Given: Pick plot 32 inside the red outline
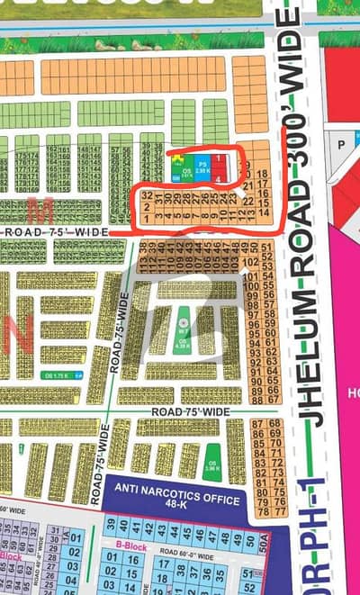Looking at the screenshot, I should tap(147, 195).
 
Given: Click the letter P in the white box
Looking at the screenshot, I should tap(341, 143).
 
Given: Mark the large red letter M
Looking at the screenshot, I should tap(38, 213).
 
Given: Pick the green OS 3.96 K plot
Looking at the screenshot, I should tap(213, 459).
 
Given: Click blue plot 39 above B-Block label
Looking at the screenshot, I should tap(109, 526).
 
